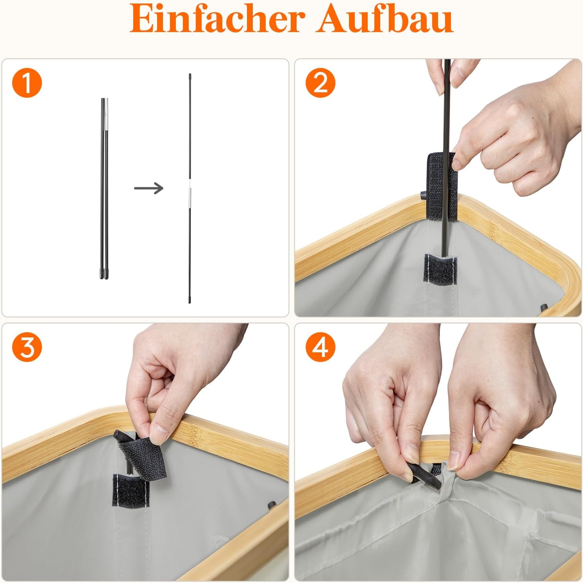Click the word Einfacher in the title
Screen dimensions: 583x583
point(217,18)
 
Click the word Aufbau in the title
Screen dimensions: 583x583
point(385,18)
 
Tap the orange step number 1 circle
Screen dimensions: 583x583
point(27,83)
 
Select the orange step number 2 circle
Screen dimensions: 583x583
point(320,83)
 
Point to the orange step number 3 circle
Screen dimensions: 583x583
point(27,347)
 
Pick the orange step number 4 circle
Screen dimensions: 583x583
point(320,347)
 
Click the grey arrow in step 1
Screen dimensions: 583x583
point(148,188)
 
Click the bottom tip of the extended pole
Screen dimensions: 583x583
point(190,302)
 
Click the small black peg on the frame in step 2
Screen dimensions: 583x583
point(423,195)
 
